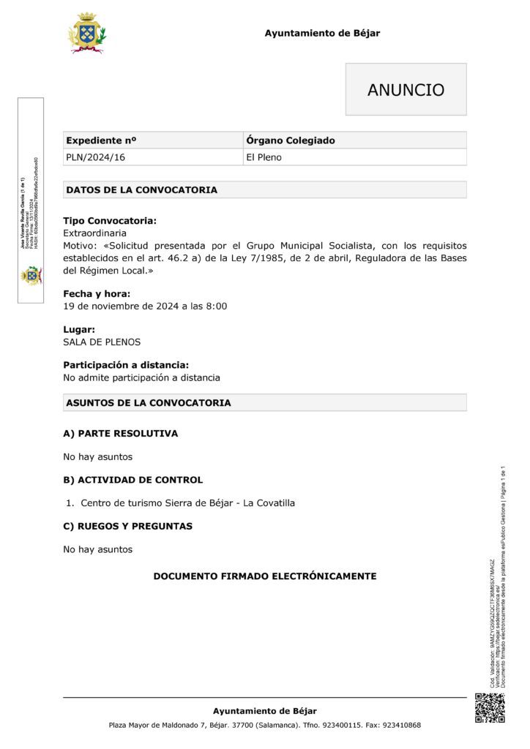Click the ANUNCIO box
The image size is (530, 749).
(x=406, y=89)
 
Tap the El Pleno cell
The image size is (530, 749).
(x=264, y=157)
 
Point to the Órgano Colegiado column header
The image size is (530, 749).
(x=291, y=140)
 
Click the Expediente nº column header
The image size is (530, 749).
(x=102, y=140)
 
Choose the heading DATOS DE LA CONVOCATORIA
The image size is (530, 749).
(x=142, y=190)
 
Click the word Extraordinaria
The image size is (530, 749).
(x=95, y=233)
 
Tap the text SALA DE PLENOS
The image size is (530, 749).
(x=102, y=342)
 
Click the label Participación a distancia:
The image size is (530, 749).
(x=126, y=365)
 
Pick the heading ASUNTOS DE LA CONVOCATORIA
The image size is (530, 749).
(x=149, y=403)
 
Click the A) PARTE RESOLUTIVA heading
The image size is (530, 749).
(x=121, y=434)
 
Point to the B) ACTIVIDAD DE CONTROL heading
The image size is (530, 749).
(x=133, y=480)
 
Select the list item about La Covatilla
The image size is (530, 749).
(x=187, y=503)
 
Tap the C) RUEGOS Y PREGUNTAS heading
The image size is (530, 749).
(x=128, y=526)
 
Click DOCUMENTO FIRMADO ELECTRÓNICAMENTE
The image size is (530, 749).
(x=264, y=576)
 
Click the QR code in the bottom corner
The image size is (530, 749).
(x=490, y=707)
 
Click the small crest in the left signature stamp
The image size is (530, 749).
(x=31, y=275)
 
